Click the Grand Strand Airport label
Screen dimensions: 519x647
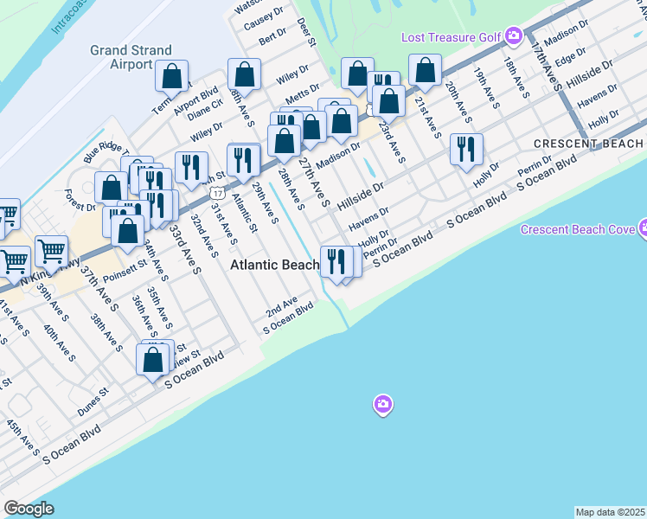131,57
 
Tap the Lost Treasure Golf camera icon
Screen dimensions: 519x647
514,36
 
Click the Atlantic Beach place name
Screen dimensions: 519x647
274,266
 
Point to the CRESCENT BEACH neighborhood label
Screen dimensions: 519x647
588,144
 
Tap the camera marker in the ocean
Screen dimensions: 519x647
382,404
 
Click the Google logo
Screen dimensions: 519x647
29,509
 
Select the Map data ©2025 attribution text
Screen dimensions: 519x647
611,512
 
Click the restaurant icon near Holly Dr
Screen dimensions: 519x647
466,148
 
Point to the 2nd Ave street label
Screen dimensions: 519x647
281,308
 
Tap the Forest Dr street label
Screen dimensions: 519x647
79,201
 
